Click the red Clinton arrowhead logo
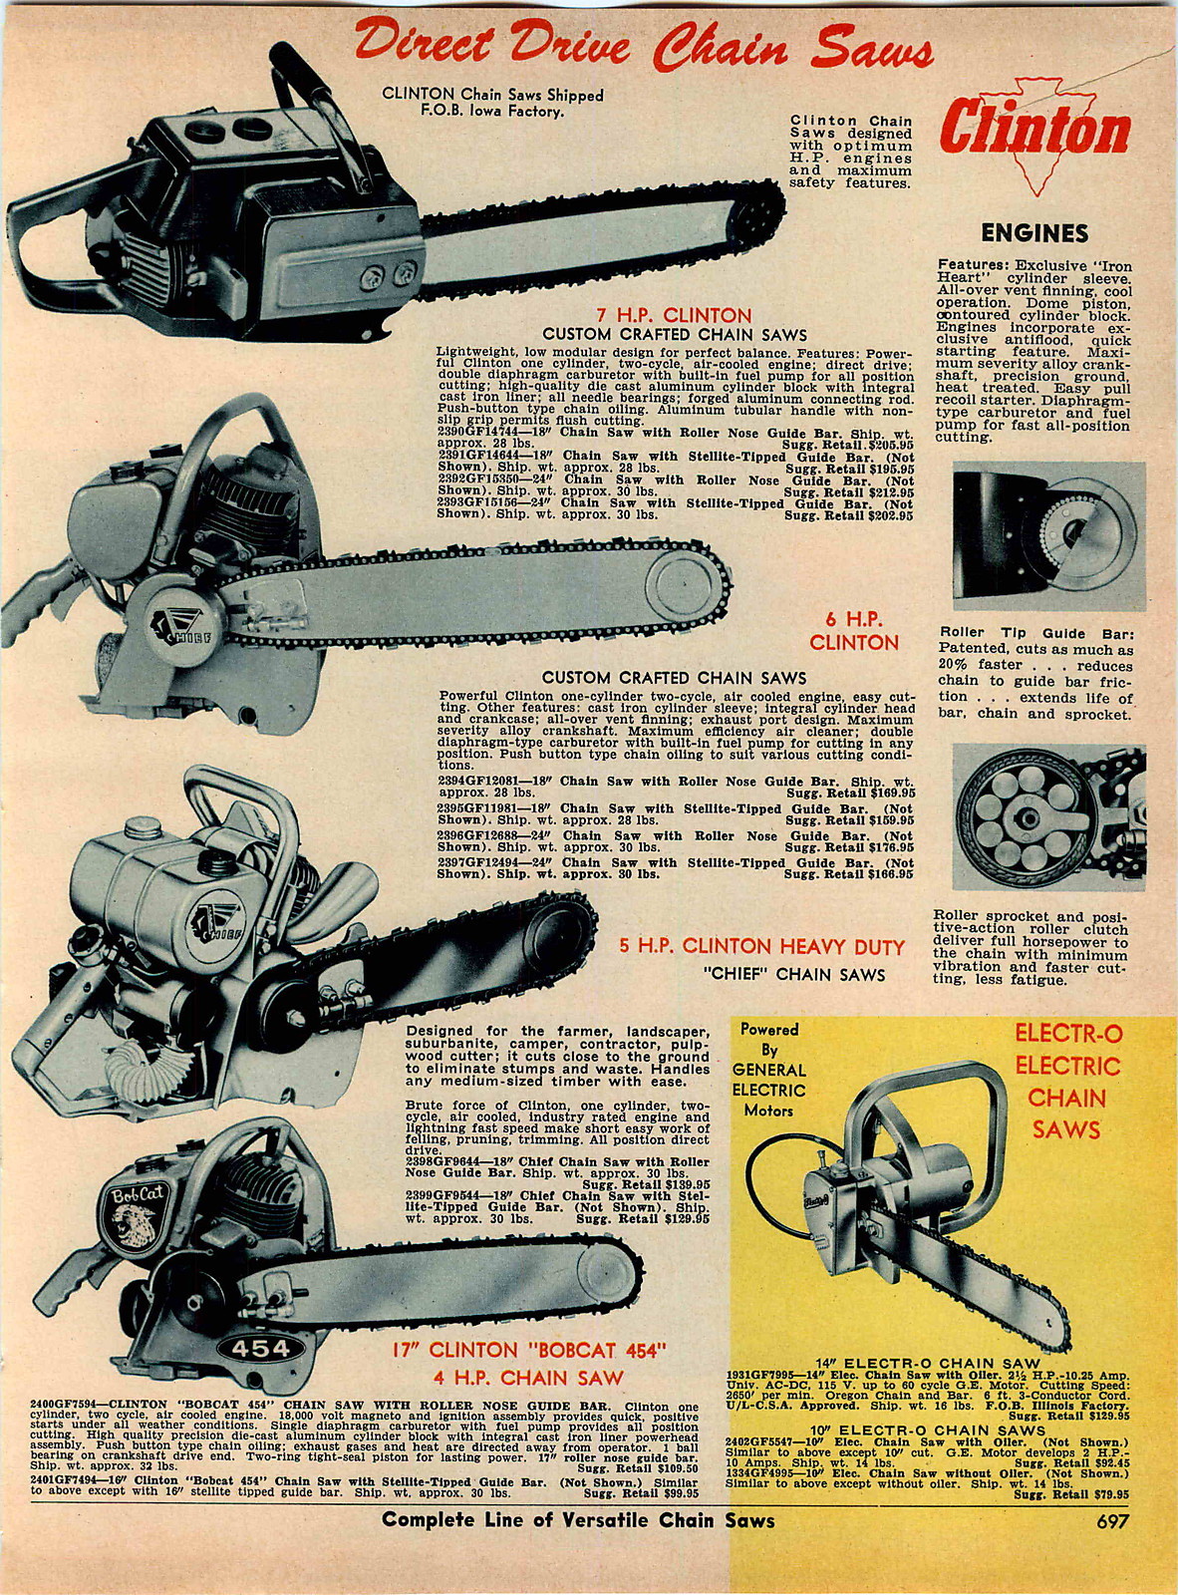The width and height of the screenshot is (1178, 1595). click(1034, 131)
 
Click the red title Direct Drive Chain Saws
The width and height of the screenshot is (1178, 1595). click(643, 45)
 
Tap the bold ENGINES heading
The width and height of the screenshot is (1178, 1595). click(1033, 233)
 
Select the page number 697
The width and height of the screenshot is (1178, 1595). click(1112, 1550)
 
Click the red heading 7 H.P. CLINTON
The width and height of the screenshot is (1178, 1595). click(674, 316)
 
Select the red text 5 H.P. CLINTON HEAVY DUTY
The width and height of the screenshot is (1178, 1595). click(761, 946)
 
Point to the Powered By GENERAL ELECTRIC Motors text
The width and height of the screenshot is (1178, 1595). click(768, 1070)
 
